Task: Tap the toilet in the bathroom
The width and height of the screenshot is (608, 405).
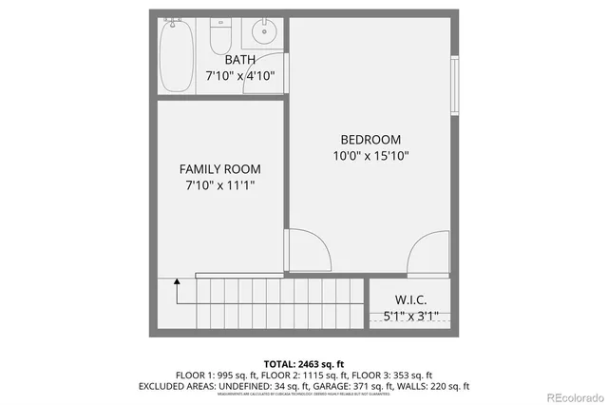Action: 221,37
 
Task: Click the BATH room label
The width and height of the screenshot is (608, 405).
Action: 240,60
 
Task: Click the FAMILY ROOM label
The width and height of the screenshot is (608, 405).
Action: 219,169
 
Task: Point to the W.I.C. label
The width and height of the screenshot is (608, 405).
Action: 410,299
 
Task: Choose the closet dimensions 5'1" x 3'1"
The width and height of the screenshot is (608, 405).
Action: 410,316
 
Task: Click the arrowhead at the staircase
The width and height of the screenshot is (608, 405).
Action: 176,281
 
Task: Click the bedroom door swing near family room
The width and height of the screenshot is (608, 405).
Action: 310,252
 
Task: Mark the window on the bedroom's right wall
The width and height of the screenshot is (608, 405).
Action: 455,90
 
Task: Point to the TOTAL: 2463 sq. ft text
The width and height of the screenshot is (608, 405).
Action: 303,362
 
